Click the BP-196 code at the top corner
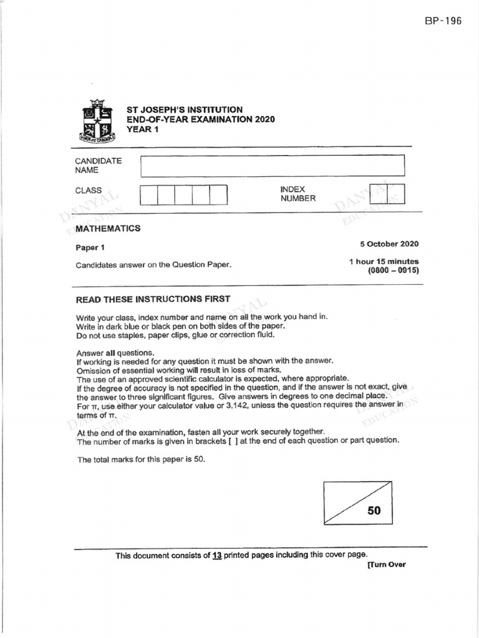tap(443, 21)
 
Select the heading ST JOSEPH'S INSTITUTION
tap(185, 110)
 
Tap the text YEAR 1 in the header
tap(143, 129)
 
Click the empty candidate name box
tap(272, 166)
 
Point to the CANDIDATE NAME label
tap(98, 165)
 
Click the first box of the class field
tap(148, 195)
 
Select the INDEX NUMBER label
tap(298, 194)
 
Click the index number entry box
tap(387, 194)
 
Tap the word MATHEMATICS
tap(108, 229)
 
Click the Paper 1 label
tap(90, 247)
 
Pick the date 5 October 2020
tap(389, 244)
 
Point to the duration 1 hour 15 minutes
tap(384, 262)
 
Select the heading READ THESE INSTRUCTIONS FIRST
tap(153, 299)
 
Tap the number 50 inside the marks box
tap(374, 511)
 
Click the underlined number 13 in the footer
tap(217, 555)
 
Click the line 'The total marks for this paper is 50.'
tap(140, 460)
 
